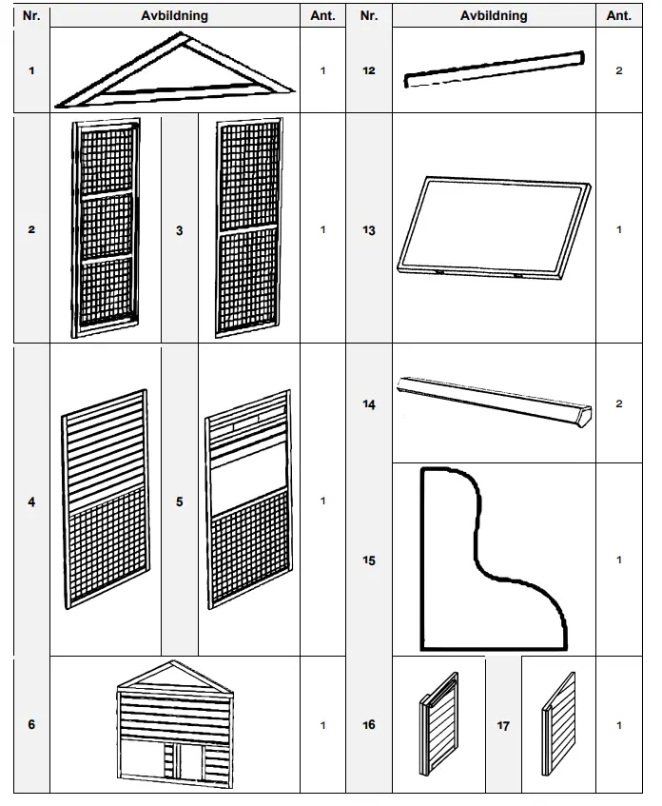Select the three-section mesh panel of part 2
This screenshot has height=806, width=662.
(x=106, y=228)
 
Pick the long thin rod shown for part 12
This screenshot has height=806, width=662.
(x=494, y=69)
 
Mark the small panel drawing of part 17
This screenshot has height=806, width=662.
(x=558, y=725)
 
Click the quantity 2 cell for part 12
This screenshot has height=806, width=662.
(x=619, y=71)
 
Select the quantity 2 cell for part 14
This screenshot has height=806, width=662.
(x=619, y=404)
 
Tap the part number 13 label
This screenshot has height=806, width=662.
(x=369, y=230)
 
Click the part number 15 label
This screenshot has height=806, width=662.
(x=369, y=560)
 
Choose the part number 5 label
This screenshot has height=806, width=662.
(x=180, y=501)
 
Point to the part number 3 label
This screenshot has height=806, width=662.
(x=180, y=230)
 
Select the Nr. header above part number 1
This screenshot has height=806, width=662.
(x=31, y=16)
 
